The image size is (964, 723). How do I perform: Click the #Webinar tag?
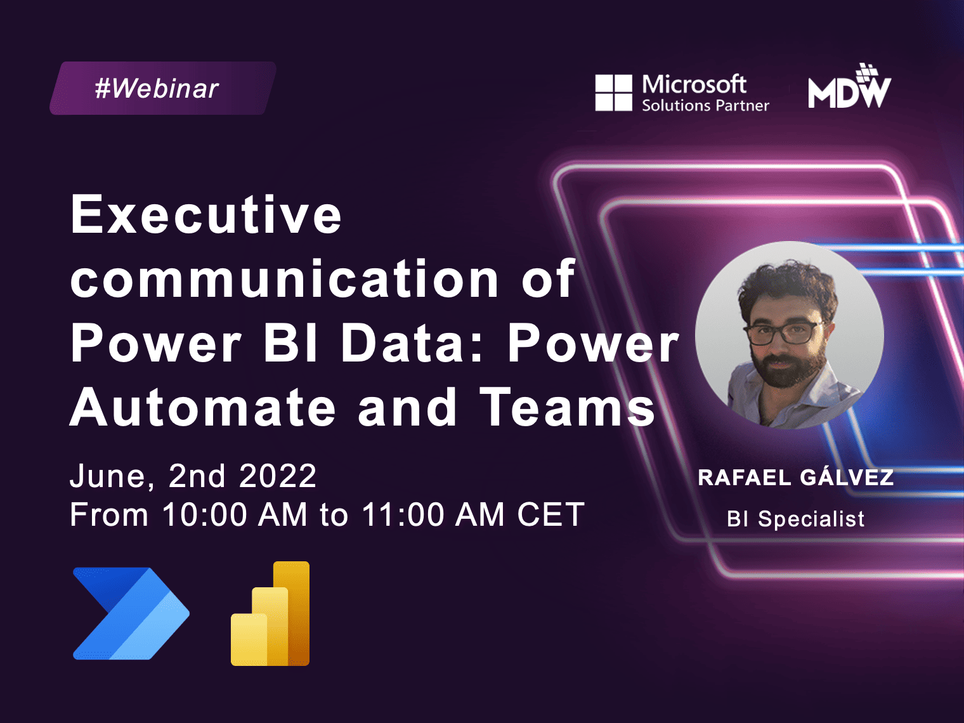pos(163,88)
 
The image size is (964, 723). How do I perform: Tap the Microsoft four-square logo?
pos(613,93)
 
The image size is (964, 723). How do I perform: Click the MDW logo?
pos(849,86)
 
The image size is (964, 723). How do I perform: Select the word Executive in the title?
pos(206,214)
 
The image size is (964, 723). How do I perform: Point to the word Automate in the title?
pos(203,407)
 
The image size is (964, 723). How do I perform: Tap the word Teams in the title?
pos(567,407)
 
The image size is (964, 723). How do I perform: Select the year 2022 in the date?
pos(278,476)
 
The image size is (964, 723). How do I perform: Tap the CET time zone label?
pos(550,514)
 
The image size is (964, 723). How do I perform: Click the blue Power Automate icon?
pos(131,613)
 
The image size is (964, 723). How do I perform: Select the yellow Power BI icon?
pos(270,613)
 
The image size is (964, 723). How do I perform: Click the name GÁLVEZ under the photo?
pos(847,477)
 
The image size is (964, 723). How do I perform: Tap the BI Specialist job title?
pos(795,519)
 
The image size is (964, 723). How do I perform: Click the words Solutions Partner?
pos(705,105)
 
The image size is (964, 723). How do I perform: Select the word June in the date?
pos(112,476)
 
